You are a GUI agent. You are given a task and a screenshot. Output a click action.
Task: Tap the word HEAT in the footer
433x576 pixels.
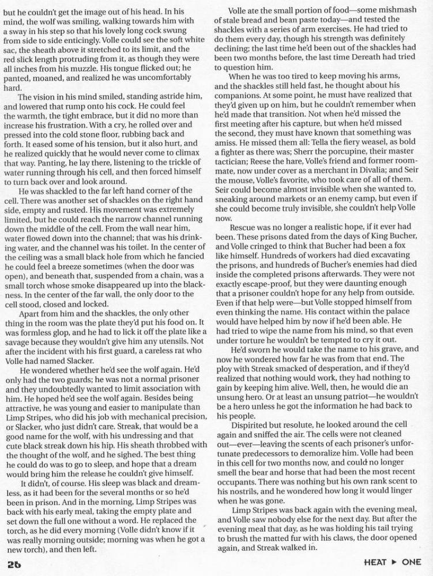376,562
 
